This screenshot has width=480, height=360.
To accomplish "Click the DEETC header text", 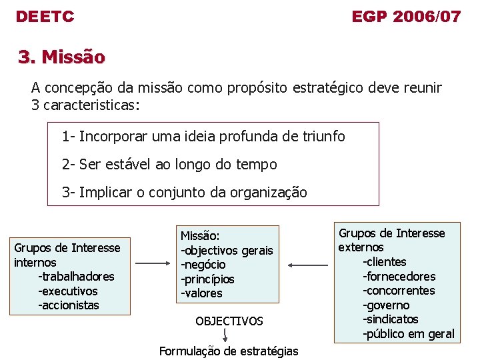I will pos(45,17).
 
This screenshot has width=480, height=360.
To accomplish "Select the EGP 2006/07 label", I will pos(406,17).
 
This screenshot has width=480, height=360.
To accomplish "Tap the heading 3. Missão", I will pos(61,57).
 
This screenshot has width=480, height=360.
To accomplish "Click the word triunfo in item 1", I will pos(323,137).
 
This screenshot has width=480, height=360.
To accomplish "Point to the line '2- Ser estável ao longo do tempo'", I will pos(169,164).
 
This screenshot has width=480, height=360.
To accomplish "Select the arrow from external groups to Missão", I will pos(309,265).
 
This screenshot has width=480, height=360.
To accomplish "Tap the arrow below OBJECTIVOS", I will pos(228,335).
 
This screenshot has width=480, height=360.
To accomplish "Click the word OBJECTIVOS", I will pos(229,321).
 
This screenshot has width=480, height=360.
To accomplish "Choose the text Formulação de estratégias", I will pos(229,351).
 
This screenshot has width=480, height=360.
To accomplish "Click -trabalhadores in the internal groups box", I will pos(76,277).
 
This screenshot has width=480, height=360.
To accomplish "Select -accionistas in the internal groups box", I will pos(69,305).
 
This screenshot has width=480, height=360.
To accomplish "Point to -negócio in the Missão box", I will pos(203,265).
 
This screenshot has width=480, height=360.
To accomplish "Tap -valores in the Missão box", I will pos(201,293).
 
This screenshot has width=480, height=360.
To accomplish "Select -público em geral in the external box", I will pos(408,334).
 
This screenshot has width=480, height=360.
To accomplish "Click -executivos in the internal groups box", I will pos(68,291).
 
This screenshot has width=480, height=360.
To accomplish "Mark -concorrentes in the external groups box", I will pos(399,291).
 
